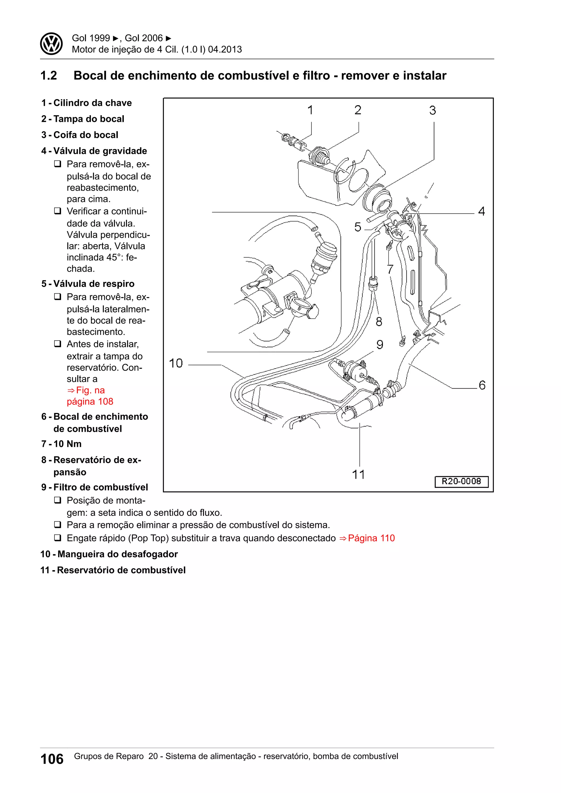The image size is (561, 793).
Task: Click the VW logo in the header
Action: (51, 44)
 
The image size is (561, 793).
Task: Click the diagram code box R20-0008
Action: (461, 481)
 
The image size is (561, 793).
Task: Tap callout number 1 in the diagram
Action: (310, 110)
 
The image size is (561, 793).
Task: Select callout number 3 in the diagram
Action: (433, 111)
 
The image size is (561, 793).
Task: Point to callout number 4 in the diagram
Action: (482, 211)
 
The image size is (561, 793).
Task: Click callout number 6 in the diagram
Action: (482, 385)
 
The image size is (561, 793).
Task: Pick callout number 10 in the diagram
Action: (176, 363)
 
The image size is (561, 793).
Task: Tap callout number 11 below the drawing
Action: (359, 475)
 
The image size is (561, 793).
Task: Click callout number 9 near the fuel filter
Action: (380, 345)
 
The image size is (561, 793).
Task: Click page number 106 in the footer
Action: (52, 759)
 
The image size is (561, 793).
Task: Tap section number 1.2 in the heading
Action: (49, 76)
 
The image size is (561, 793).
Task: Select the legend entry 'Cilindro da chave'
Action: (92, 103)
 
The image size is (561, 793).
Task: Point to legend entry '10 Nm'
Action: (67, 444)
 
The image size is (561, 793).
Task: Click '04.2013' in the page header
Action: (225, 49)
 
